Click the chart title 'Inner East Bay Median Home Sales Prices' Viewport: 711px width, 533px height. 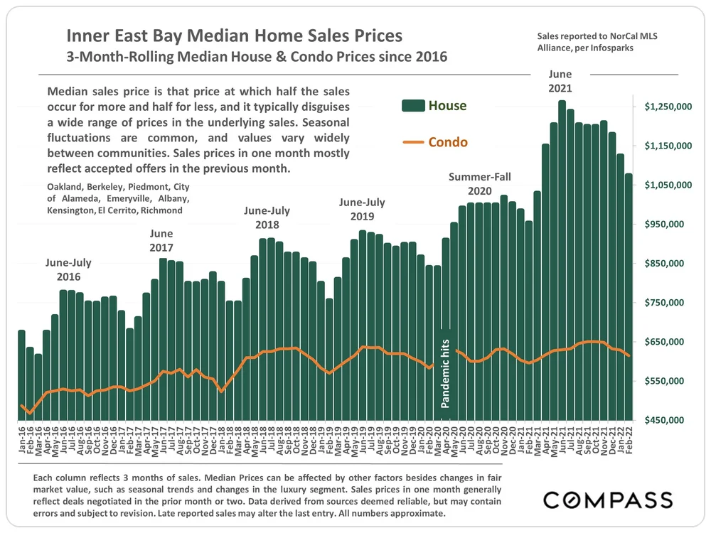pos(235,36)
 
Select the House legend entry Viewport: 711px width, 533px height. pos(434,106)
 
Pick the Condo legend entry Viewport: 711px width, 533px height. pos(434,142)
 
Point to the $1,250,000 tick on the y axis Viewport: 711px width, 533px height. pos(668,107)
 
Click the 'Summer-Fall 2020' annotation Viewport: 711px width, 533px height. pos(479,184)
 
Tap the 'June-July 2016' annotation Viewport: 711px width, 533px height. pos(68,269)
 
